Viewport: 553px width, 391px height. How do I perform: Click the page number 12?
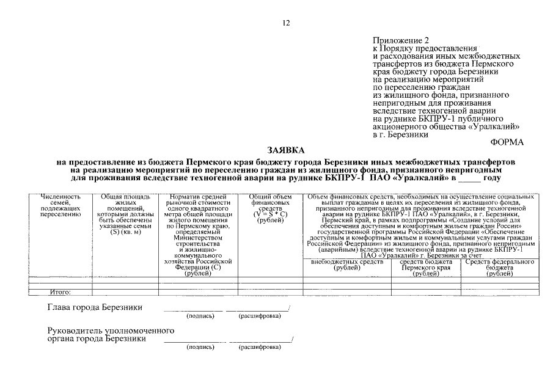click(x=286, y=23)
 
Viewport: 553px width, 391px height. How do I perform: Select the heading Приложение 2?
click(x=401, y=40)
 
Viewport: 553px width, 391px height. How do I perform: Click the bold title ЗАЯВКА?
click(x=285, y=150)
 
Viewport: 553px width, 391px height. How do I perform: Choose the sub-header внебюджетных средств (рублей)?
click(x=346, y=265)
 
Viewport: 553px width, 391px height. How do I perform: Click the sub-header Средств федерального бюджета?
click(x=499, y=268)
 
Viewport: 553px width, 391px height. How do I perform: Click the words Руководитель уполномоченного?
click(x=111, y=331)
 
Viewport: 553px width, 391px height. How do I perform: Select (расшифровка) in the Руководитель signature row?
click(x=260, y=347)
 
